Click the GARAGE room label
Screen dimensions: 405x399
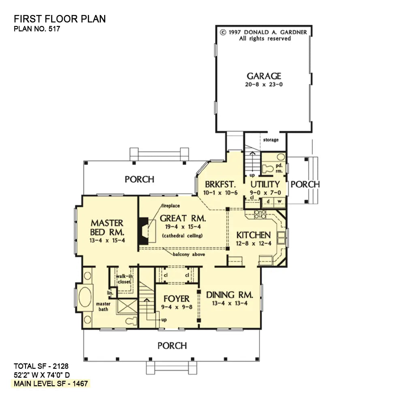(x=264, y=76)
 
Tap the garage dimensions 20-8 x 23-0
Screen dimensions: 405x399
(x=264, y=84)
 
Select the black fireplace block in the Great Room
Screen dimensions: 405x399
(x=143, y=231)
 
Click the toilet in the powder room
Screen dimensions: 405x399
(x=267, y=169)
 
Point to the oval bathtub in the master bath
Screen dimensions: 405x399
(x=85, y=298)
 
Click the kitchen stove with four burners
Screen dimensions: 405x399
(x=260, y=215)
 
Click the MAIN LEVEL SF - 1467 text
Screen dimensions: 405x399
(x=51, y=384)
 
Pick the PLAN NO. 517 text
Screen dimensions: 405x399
(x=37, y=29)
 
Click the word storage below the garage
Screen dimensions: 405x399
(x=271, y=140)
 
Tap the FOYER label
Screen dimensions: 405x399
(x=177, y=299)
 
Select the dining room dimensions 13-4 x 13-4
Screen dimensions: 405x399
(x=230, y=303)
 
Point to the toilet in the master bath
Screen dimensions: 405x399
(x=131, y=321)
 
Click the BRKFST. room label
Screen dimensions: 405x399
(x=220, y=184)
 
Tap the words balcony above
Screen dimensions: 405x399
(x=189, y=254)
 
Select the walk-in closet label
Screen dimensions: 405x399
(x=124, y=279)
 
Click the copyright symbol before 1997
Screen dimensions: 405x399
(x=223, y=32)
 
